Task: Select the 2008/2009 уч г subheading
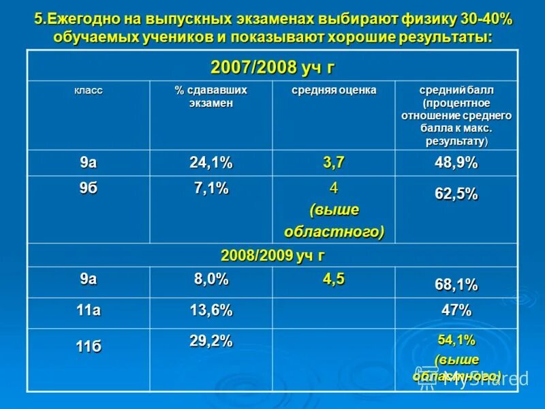point(272,256)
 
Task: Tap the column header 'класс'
point(89,90)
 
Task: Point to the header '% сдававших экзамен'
point(211,96)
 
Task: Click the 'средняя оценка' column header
point(334,90)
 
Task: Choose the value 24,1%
point(211,162)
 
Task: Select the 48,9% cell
point(456,162)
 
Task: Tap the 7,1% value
point(211,189)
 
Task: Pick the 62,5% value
point(456,194)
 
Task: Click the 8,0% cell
point(211,279)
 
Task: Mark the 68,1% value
point(456,284)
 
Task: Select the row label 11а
point(89,310)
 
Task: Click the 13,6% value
point(211,310)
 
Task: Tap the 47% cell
point(456,310)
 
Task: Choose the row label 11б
point(89,347)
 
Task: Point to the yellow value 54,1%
point(456,339)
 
